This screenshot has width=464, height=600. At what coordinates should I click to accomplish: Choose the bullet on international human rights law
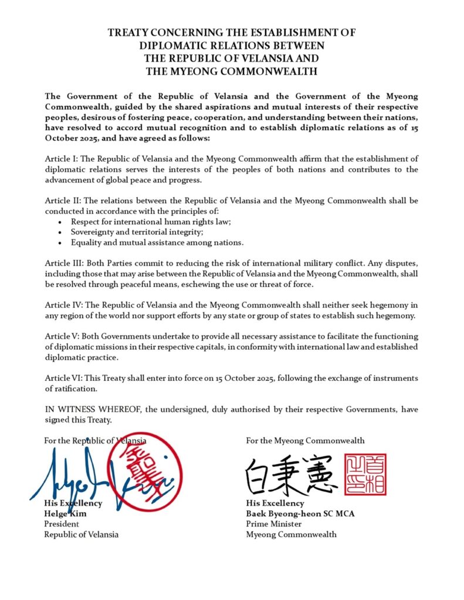pos(151,222)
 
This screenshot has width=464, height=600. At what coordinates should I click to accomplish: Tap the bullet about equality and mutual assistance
pos(157,242)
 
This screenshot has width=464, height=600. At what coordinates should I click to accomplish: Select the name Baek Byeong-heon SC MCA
pos(300,513)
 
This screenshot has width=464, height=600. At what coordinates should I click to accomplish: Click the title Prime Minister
pos(274,524)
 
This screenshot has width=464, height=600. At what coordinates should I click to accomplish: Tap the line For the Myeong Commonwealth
pos(305,440)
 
